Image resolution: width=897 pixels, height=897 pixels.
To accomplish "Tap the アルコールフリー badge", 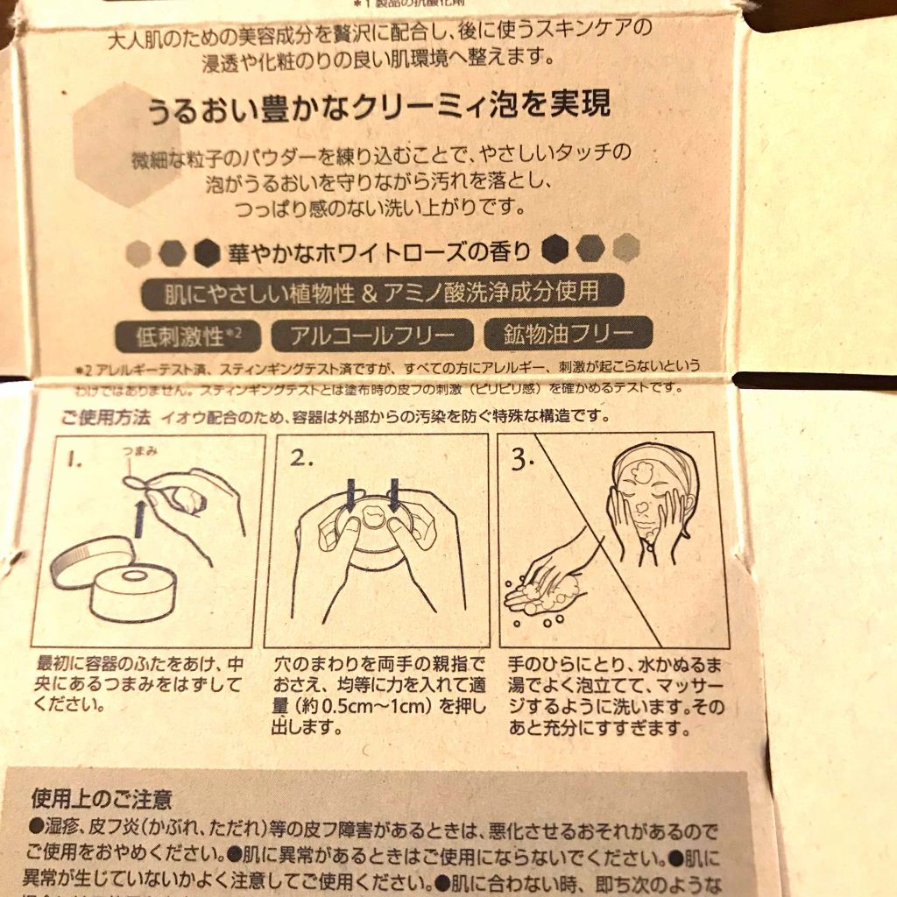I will [x=371, y=335].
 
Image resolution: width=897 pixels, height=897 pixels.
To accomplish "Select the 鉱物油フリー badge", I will [x=567, y=334].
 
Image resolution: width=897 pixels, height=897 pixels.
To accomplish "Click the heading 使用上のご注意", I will [x=102, y=799].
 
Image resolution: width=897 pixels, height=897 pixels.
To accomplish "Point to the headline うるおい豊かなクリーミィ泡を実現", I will [x=377, y=108].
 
